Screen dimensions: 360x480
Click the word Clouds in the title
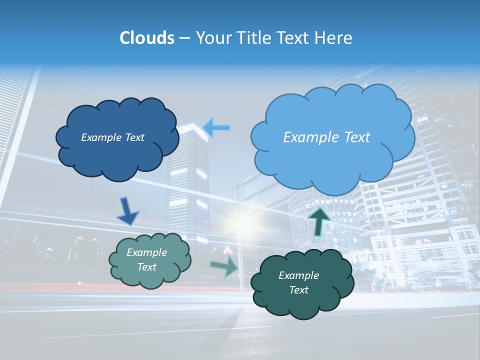pyautogui.click(x=147, y=38)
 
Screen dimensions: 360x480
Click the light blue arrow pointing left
pyautogui.click(x=216, y=128)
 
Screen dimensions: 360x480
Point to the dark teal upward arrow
pyautogui.click(x=319, y=221)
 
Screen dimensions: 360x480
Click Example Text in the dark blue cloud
pyautogui.click(x=112, y=137)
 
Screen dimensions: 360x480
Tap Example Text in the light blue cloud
pyautogui.click(x=326, y=137)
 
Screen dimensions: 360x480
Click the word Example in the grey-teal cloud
pyautogui.click(x=146, y=252)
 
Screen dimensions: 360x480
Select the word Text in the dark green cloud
pyautogui.click(x=298, y=290)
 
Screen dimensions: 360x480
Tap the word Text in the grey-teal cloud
pyautogui.click(x=146, y=267)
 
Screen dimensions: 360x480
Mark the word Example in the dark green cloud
pyautogui.click(x=298, y=275)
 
